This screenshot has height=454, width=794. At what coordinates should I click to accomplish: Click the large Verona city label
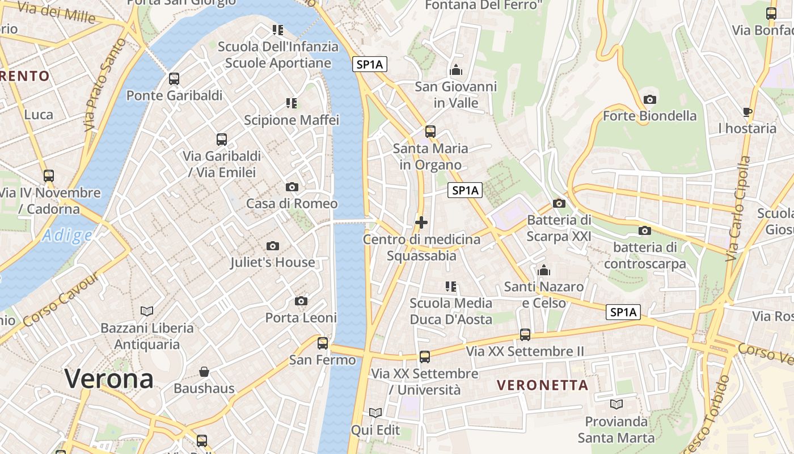109,379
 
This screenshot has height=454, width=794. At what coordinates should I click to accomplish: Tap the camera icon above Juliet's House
273,246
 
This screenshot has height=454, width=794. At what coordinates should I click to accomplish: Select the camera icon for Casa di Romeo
292,187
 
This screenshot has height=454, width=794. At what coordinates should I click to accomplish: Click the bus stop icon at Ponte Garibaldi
174,79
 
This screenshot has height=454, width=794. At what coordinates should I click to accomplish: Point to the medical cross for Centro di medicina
421,222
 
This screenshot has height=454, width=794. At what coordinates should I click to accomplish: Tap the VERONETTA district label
542,385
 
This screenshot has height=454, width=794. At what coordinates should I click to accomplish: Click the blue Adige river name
67,235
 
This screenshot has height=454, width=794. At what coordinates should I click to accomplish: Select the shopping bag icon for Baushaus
204,372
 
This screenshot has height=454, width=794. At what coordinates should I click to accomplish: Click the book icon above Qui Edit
375,413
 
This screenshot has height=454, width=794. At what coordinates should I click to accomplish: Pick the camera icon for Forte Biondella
650,99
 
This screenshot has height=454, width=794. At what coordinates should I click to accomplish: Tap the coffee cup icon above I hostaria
747,112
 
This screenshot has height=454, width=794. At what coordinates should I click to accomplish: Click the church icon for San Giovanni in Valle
455,70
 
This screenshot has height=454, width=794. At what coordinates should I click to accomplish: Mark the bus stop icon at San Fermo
323,343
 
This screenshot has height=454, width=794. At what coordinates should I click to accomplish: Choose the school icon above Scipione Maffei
292,103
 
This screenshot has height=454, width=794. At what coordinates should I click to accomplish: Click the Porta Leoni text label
301,318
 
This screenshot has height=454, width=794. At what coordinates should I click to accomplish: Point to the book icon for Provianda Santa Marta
616,404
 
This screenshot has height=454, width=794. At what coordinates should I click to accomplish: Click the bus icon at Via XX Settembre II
525,335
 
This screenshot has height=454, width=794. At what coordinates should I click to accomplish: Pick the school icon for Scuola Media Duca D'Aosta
451,287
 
